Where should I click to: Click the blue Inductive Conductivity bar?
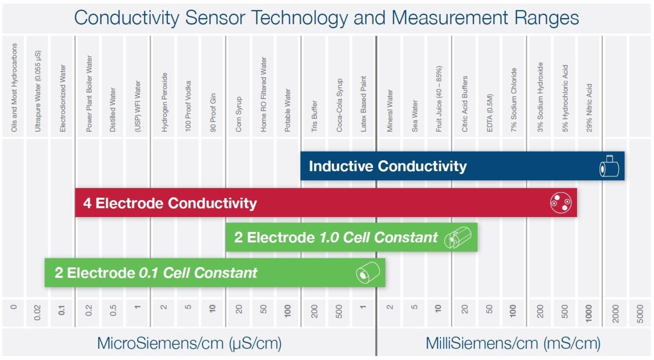[462, 166]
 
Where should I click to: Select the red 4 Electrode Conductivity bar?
[326, 203]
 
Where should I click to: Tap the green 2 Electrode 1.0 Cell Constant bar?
[351, 237]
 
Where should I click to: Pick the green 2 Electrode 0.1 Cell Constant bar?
[214, 273]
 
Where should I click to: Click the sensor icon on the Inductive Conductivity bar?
[609, 167]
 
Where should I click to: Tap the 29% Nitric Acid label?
[589, 108]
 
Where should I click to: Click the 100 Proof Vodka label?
[188, 106]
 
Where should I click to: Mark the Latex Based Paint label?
[363, 104]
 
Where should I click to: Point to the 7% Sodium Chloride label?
[514, 100]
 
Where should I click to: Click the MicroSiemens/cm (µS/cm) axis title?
[189, 343]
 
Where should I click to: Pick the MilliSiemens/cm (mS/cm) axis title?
[513, 343]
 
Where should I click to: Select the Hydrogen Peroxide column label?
[164, 102]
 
